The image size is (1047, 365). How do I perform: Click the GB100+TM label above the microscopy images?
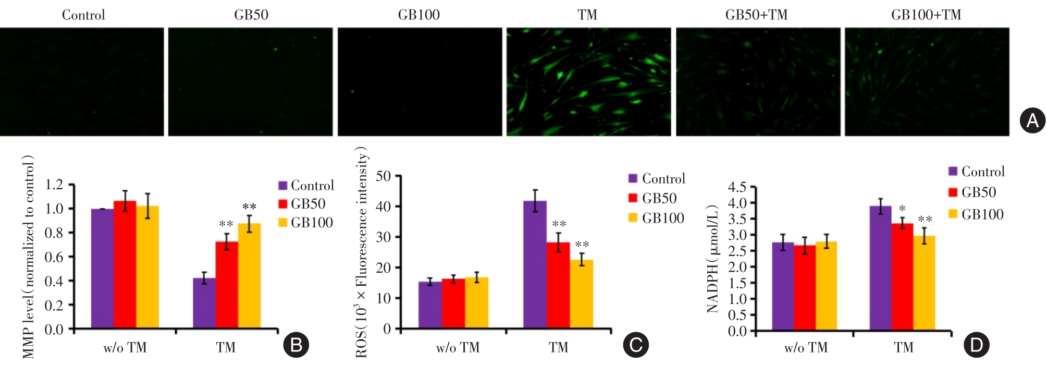click(x=926, y=15)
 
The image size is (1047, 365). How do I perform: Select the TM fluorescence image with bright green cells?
click(x=588, y=82)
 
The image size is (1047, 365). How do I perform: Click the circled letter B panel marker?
click(x=296, y=345)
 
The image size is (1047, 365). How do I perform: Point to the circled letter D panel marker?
click(x=976, y=345)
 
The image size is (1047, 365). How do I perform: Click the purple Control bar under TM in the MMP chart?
click(x=204, y=303)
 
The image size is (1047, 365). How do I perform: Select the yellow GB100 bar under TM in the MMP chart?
click(x=249, y=276)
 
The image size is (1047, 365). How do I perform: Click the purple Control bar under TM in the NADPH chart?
click(x=880, y=268)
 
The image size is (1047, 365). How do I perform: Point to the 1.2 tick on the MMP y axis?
click(x=54, y=185)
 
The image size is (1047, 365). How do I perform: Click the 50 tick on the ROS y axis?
click(x=383, y=176)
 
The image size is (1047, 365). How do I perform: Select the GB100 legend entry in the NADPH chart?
click(x=976, y=214)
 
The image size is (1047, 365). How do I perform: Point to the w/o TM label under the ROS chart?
click(x=458, y=348)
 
